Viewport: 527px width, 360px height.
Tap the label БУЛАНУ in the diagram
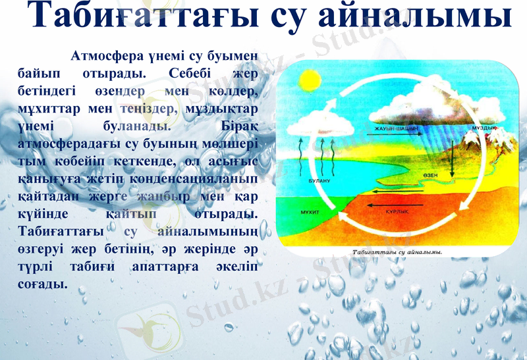319,179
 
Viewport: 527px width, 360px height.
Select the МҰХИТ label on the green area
309,213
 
